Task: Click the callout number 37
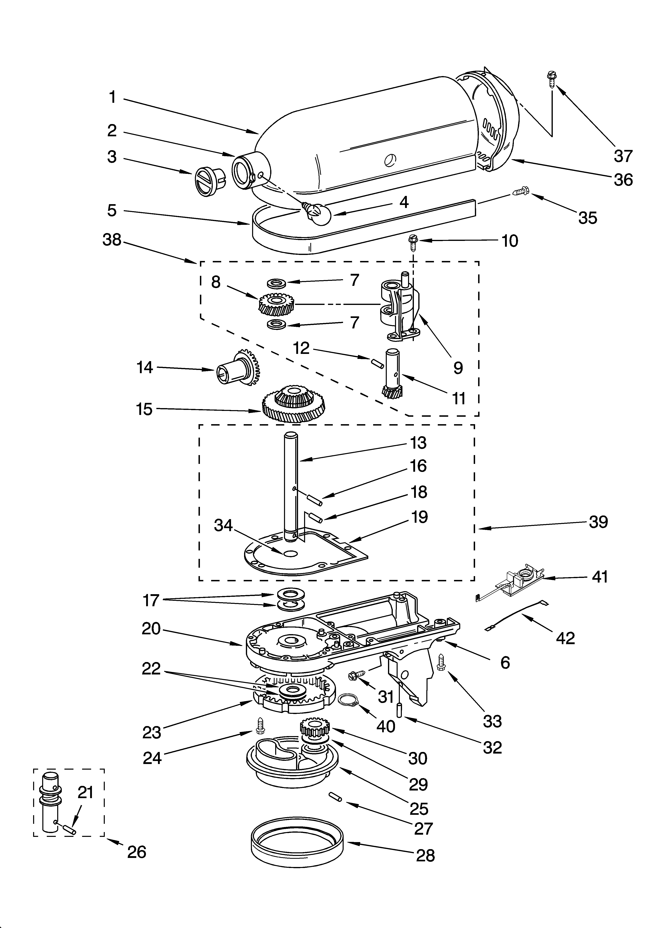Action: [x=623, y=156]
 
